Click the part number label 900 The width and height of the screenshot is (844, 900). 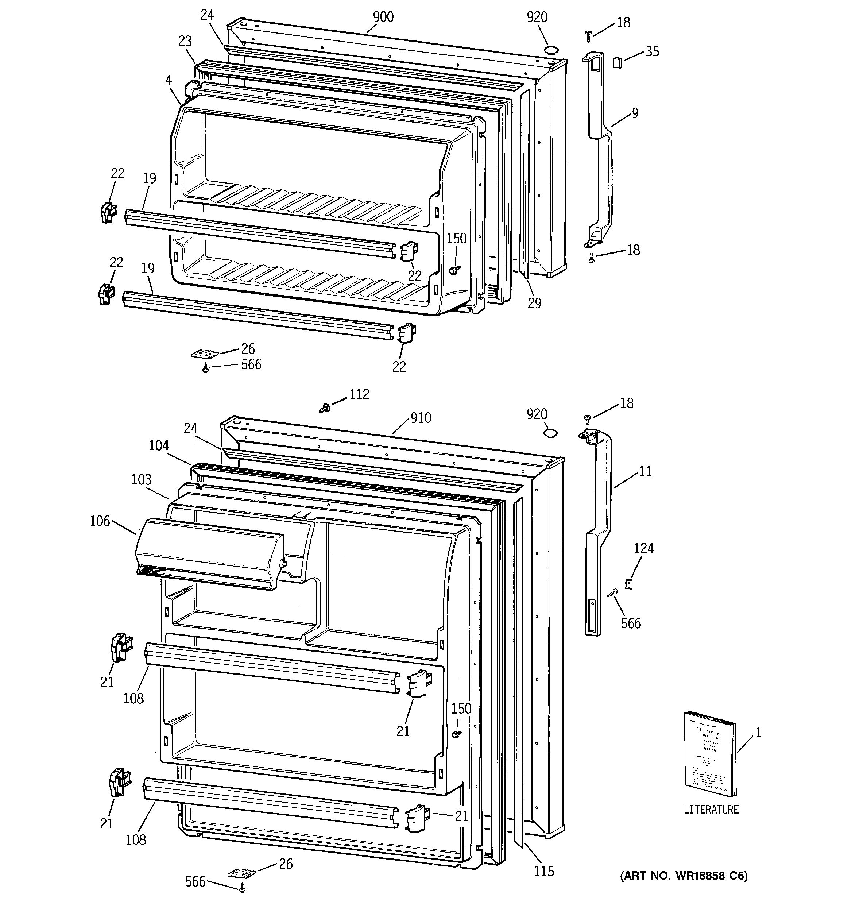(x=383, y=17)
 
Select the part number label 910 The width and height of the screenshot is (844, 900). (x=421, y=417)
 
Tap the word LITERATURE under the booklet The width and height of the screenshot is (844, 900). (x=711, y=809)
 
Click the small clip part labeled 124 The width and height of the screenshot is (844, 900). (x=628, y=584)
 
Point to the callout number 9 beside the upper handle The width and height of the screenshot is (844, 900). (x=635, y=113)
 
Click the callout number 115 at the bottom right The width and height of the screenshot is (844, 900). (x=543, y=870)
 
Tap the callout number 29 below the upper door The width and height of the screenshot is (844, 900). (x=534, y=303)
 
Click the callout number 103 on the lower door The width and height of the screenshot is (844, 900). (x=141, y=479)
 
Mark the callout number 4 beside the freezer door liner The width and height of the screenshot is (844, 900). (x=169, y=80)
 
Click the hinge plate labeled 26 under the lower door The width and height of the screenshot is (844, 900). (x=241, y=872)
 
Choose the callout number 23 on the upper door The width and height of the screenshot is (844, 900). (x=185, y=41)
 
